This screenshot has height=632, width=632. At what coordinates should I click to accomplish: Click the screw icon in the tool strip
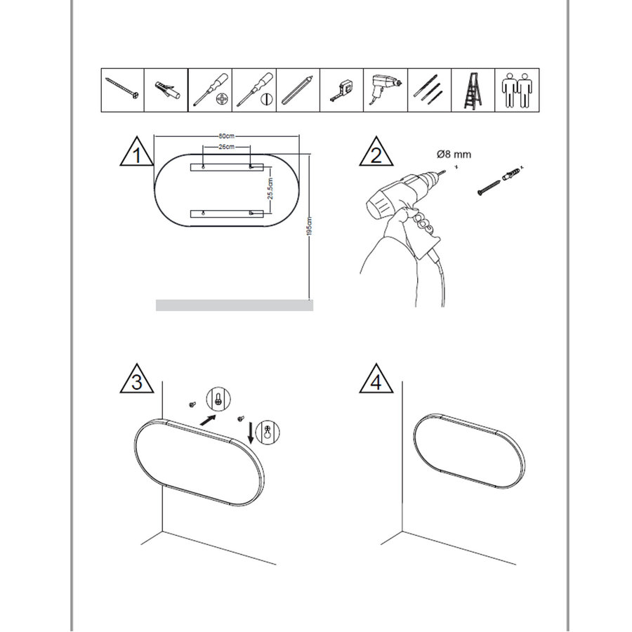[x=123, y=91]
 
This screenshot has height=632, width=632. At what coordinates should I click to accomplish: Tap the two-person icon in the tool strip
[x=518, y=91]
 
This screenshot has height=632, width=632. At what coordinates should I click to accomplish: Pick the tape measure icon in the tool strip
[x=342, y=91]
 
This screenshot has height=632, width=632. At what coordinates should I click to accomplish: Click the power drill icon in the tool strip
[x=386, y=91]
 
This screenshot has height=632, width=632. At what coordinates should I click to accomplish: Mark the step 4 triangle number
[x=376, y=383]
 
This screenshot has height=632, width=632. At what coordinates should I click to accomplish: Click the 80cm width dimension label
[x=225, y=136]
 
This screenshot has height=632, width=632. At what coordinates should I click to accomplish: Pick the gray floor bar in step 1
[x=234, y=305]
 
